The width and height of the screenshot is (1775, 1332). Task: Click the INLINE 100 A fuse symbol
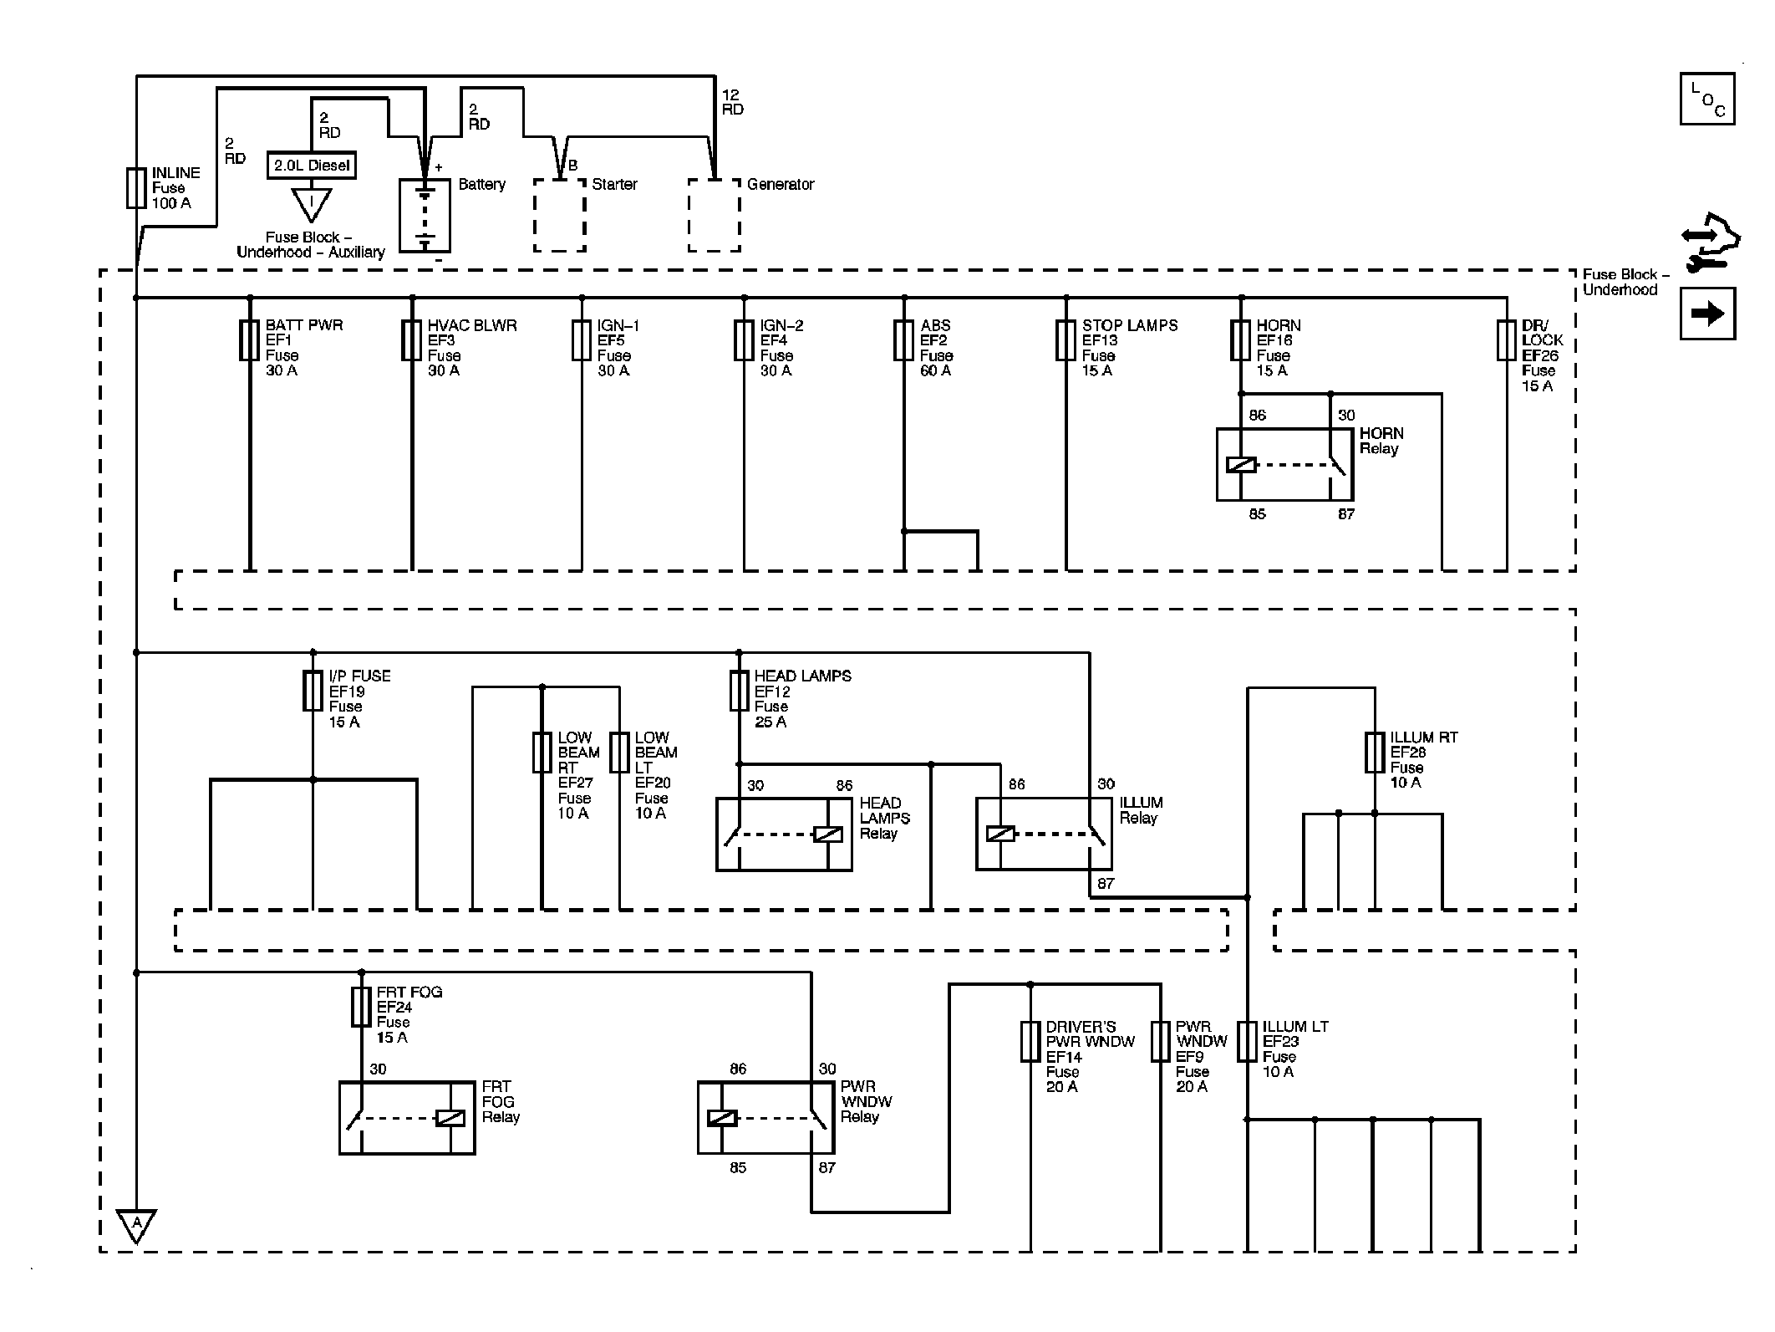point(136,187)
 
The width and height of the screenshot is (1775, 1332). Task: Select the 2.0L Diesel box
point(311,166)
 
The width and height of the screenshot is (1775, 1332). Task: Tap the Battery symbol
point(425,216)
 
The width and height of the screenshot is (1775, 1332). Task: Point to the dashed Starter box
point(560,215)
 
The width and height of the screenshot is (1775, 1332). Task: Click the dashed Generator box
point(715,215)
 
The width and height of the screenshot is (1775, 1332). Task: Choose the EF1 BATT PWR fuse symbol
point(249,340)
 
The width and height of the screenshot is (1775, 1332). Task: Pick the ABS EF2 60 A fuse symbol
point(903,340)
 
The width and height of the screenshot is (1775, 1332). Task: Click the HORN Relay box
point(1284,465)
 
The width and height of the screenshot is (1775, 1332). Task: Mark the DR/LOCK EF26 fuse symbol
point(1506,340)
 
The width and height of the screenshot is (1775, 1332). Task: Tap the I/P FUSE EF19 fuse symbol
point(313,691)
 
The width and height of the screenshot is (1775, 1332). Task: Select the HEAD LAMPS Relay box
point(784,834)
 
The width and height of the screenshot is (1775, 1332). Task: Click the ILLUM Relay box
point(1044,834)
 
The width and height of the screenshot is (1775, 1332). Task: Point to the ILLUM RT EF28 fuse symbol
point(1374,753)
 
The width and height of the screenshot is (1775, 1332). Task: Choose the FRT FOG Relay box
point(407,1118)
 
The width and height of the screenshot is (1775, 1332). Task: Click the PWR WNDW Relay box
point(765,1118)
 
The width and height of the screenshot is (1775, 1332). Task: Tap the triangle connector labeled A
point(136,1226)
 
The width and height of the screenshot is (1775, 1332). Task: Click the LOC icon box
point(1707,99)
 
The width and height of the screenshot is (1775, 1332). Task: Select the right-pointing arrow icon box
point(1707,314)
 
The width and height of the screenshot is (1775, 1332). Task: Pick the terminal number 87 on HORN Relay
point(1345,514)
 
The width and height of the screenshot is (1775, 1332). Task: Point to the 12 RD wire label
point(733,102)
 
